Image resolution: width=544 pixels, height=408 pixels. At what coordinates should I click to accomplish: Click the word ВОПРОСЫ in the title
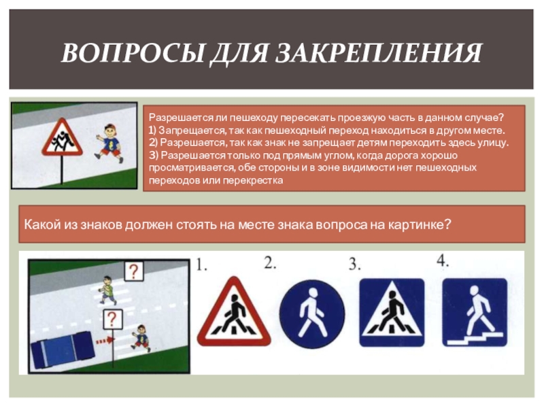(x=132, y=53)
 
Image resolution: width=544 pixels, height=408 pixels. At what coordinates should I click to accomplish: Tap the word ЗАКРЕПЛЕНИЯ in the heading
(x=379, y=53)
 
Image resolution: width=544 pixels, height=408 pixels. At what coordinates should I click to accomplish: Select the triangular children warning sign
(x=62, y=137)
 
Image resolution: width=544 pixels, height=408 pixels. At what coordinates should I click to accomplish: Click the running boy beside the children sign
(x=109, y=143)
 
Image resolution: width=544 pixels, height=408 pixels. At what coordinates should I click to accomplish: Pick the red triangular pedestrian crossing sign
(x=234, y=311)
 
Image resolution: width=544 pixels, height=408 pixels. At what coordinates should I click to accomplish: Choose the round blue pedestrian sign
(x=312, y=314)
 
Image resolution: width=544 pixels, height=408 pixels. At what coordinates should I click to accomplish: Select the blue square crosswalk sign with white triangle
(x=392, y=312)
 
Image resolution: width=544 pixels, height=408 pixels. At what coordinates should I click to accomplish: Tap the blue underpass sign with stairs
(x=475, y=312)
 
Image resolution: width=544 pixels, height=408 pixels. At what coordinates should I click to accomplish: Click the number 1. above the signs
(x=201, y=265)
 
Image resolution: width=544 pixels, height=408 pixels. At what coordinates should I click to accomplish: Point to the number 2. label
(x=270, y=262)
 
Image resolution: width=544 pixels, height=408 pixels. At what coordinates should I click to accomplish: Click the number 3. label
(x=354, y=265)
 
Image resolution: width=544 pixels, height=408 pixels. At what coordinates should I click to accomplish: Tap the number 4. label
(x=443, y=260)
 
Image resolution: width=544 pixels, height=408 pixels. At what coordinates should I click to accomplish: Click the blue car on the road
(x=63, y=350)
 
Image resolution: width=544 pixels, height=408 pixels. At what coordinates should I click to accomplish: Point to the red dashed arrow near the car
(x=105, y=341)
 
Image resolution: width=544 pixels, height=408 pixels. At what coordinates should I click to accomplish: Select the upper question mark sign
(x=134, y=271)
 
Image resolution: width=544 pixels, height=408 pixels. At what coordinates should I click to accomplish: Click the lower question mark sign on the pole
(x=113, y=319)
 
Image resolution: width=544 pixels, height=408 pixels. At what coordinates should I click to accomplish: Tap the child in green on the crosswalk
(x=107, y=291)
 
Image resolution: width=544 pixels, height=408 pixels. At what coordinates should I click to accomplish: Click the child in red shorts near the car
(x=141, y=338)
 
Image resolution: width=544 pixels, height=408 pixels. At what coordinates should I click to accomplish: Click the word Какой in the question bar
(x=42, y=225)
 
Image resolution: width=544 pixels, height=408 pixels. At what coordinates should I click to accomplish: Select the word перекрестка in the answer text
(x=252, y=181)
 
